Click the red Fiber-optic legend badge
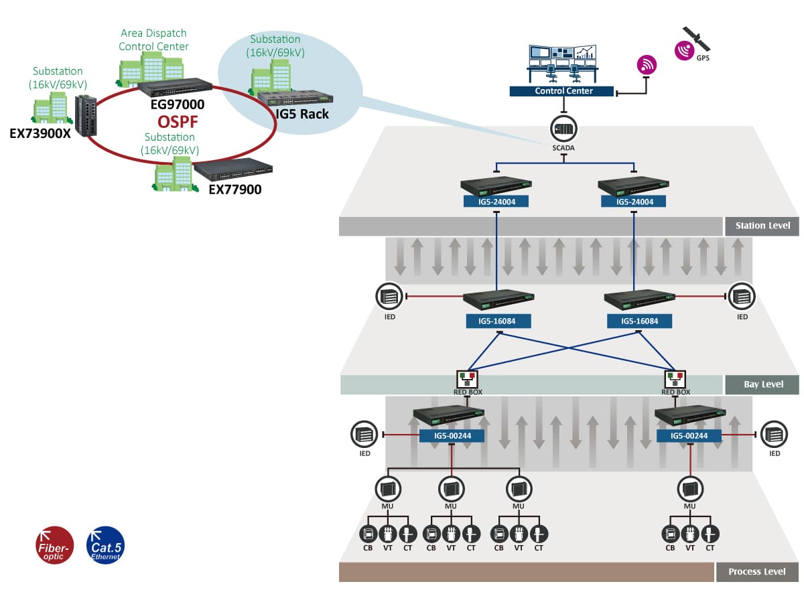[x=54, y=545]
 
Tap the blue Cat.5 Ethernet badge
[x=106, y=545]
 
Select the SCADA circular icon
[x=564, y=129]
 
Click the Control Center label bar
[x=561, y=91]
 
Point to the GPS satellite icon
[x=696, y=39]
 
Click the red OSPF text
[x=178, y=122]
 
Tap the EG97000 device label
[x=178, y=104]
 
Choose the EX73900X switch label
[x=40, y=133]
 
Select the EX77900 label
[x=235, y=190]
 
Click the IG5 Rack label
[x=302, y=114]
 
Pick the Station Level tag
[x=762, y=226]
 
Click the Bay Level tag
[x=762, y=384]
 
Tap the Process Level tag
[x=757, y=572]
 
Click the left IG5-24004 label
[x=496, y=202]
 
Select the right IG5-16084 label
[x=640, y=321]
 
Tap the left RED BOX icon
[x=468, y=380]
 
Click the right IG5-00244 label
[x=689, y=436]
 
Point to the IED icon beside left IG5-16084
[x=389, y=297]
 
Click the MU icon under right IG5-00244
[x=690, y=489]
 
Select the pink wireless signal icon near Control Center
[x=647, y=65]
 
